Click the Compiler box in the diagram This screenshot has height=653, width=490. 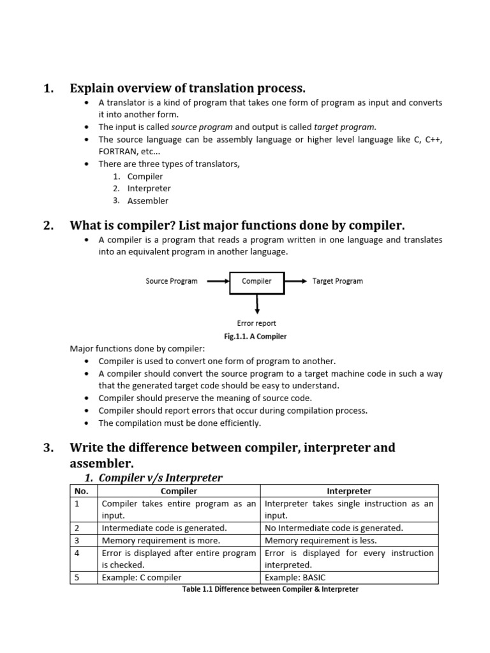coord(256,281)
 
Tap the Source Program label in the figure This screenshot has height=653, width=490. coord(172,281)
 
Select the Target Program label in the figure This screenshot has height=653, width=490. coord(338,281)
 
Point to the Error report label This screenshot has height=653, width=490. coord(256,323)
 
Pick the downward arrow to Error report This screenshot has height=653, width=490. coord(256,304)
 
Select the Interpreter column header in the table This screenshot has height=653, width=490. coord(349,491)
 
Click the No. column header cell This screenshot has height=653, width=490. coord(82,491)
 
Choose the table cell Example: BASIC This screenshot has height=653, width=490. coord(295,578)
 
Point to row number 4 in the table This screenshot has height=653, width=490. coord(77,554)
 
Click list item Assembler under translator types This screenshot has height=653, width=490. coord(148,201)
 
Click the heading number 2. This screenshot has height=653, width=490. coord(48,225)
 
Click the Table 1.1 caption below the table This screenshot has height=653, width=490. coord(271,589)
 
